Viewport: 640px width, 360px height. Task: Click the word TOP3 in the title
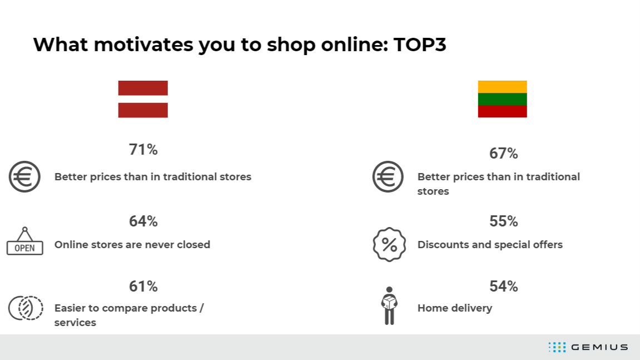[420, 44]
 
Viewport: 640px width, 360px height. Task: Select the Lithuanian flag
[503, 99]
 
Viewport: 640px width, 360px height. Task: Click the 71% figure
[143, 150]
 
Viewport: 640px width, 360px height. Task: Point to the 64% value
[143, 221]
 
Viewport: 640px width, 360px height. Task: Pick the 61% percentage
[143, 287]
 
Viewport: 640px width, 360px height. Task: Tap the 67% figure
[504, 153]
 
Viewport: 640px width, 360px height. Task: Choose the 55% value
[504, 221]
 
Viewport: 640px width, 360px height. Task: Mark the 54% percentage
[504, 287]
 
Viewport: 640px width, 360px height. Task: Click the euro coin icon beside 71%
[11, 176]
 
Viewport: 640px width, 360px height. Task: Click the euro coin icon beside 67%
[375, 176]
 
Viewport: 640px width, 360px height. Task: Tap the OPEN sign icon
[24, 248]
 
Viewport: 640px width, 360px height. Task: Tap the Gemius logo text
[599, 347]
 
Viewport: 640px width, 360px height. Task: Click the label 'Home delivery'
[455, 308]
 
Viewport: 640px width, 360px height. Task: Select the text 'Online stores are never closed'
[132, 244]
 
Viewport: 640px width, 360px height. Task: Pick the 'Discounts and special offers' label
[490, 244]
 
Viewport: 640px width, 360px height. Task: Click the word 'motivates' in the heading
[143, 44]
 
